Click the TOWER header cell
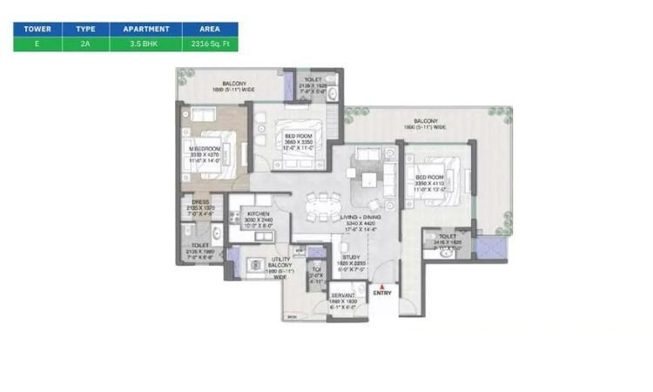(x=37, y=29)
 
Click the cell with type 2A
(x=85, y=44)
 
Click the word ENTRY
(x=383, y=293)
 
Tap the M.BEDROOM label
(x=205, y=149)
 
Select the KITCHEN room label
(x=258, y=213)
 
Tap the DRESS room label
(x=199, y=203)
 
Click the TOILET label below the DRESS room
(x=199, y=246)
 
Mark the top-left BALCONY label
(x=231, y=84)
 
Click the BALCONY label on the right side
(x=426, y=121)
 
